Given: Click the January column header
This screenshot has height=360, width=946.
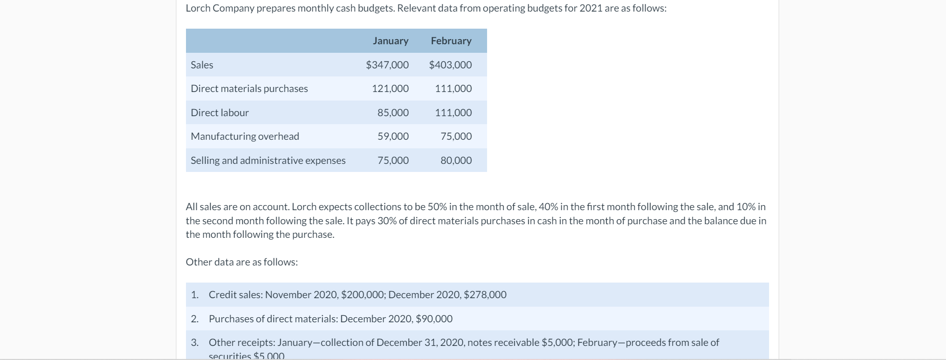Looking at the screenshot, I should coord(390,41).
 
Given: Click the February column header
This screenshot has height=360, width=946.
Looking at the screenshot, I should coord(451,41).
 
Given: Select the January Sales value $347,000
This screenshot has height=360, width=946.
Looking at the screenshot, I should coord(387,65).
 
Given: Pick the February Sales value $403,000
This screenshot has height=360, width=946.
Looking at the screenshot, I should coord(450,65).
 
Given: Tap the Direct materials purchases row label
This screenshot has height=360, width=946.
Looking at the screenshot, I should coord(249,88).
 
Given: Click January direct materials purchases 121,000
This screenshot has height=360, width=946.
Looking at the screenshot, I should coord(390,88).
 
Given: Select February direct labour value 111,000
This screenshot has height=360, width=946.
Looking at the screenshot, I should coord(453,113).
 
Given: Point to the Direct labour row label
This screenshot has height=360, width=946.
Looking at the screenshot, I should coord(220,113).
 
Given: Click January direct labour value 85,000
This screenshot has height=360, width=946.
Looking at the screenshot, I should coord(393,113).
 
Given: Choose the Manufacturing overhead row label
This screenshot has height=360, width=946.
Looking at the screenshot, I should coord(245,136).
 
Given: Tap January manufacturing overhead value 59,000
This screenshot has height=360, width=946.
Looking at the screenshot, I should coord(393,136).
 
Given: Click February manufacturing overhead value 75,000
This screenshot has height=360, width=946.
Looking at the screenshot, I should coord(456,136).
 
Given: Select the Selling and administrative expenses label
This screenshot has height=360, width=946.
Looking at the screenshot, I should coord(268,160).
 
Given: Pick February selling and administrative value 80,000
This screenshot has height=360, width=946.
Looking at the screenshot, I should coord(456,160).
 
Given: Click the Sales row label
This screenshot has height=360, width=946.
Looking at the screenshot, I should coord(202,65).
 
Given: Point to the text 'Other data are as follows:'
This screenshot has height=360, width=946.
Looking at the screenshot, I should coord(242,262).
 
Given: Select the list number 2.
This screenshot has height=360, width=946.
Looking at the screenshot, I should coord(194,319).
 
